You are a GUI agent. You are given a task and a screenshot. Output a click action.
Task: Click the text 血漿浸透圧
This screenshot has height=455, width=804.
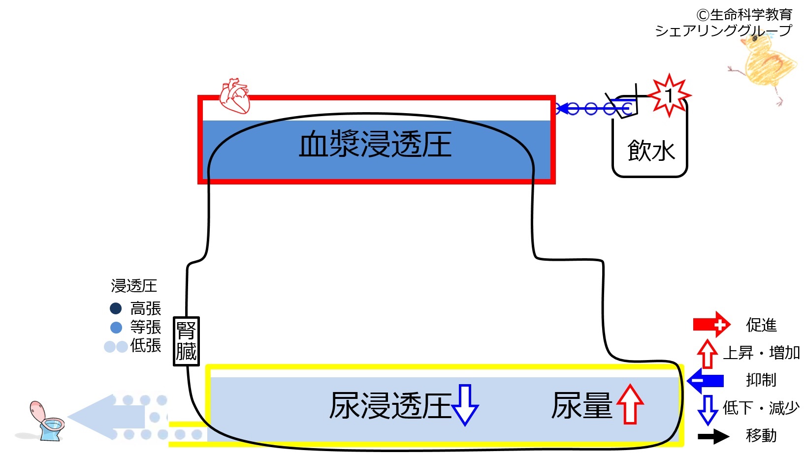(x=375, y=144)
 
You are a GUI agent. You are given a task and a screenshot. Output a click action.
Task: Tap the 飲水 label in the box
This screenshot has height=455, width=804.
(x=651, y=151)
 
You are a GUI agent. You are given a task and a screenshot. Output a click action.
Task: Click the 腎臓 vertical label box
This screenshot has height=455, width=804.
(x=186, y=341)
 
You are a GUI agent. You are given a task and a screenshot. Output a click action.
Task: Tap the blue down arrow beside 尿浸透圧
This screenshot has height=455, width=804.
(x=465, y=404)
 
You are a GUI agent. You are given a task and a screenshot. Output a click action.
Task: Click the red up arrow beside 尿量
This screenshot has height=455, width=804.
(x=630, y=404)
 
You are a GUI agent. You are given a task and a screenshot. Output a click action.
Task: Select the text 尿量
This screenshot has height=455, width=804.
(x=581, y=406)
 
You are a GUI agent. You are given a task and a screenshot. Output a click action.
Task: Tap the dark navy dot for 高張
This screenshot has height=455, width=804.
(x=116, y=308)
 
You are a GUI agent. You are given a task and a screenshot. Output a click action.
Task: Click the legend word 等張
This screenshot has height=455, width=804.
(x=146, y=327)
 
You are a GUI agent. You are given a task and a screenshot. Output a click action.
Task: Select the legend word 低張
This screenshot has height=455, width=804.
(x=146, y=345)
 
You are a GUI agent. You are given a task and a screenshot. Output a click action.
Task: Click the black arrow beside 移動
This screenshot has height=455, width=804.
(x=713, y=436)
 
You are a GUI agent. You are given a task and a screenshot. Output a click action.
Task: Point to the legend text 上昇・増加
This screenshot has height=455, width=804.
(x=761, y=353)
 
